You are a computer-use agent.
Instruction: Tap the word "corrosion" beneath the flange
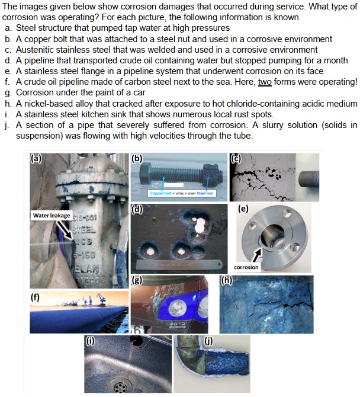(x=246, y=267)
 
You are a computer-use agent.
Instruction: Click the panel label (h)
(x=226, y=280)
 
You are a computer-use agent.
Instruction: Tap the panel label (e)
(x=243, y=209)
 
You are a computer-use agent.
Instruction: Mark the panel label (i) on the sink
(x=90, y=341)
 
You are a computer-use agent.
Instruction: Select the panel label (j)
(x=207, y=341)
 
